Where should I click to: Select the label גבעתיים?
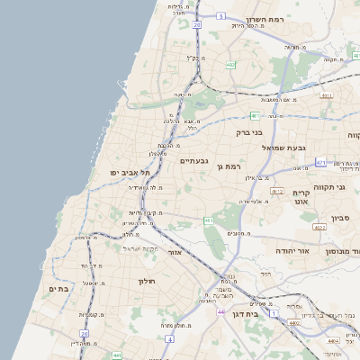(193, 161)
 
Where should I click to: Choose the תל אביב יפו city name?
(128, 172)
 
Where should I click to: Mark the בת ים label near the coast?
(58, 289)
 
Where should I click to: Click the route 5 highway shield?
(220, 16)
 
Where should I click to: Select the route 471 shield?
(321, 162)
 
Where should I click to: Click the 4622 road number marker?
(276, 191)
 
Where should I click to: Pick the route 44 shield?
(220, 311)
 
